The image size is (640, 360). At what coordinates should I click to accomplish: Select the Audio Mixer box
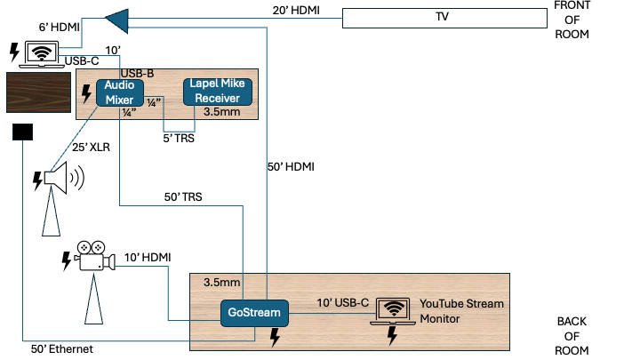tap(120, 92)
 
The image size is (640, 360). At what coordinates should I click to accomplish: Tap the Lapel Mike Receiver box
tap(218, 92)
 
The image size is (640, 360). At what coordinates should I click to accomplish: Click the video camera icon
tap(96, 256)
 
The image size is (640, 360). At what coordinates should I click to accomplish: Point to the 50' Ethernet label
tap(62, 349)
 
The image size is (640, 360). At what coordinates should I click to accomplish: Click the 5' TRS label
tap(179, 138)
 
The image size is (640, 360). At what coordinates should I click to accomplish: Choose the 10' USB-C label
tap(343, 303)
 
